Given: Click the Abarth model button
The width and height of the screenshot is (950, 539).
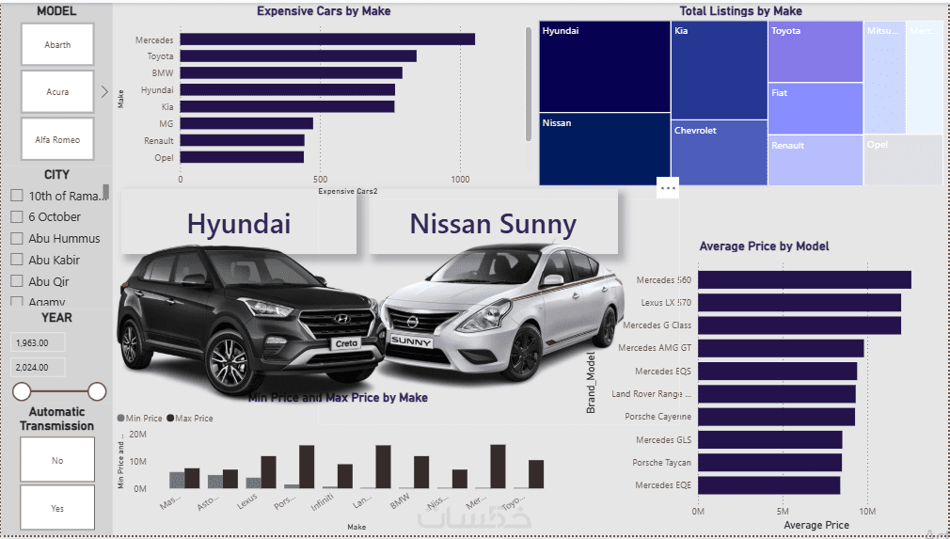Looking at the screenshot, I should [x=57, y=44].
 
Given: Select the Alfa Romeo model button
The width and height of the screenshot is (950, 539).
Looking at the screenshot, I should [x=57, y=139].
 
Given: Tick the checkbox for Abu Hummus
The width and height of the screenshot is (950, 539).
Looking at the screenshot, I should [x=17, y=238].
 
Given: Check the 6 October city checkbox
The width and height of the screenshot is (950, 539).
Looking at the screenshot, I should [x=17, y=216].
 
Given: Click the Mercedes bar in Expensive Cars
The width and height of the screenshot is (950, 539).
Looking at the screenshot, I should [x=327, y=40].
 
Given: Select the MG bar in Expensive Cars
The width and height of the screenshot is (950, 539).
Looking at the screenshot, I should [x=246, y=123].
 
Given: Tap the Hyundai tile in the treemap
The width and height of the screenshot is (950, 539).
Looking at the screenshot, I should [x=604, y=67].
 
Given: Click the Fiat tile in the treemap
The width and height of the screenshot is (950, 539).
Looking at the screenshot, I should [x=815, y=108].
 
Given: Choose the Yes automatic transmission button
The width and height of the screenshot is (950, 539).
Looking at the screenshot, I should [x=57, y=508].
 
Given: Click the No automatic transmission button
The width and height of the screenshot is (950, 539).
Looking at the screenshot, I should [x=57, y=460].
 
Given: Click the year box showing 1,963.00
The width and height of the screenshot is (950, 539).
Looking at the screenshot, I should [x=37, y=342].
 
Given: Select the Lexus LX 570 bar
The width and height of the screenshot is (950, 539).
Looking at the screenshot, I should [x=799, y=303].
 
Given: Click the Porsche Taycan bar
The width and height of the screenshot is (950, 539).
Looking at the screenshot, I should [x=769, y=462].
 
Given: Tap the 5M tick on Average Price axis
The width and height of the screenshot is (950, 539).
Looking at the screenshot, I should [x=783, y=513].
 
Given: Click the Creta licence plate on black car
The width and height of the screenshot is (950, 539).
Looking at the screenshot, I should [x=346, y=344].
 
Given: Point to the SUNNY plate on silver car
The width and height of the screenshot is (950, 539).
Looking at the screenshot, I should [x=412, y=341].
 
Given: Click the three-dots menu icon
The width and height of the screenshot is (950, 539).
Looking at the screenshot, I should [x=668, y=188].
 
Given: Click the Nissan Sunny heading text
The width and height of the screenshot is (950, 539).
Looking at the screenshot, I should [x=492, y=224].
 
